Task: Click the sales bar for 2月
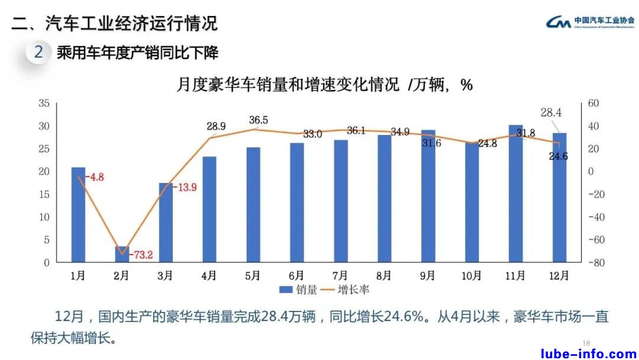(122, 255)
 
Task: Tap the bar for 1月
(78, 215)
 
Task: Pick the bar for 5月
(253, 205)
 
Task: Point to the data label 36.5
(258, 120)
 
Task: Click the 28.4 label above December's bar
(551, 112)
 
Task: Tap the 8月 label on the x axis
(384, 275)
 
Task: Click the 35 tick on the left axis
(43, 104)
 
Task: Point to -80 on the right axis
(593, 263)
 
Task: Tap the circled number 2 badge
(38, 52)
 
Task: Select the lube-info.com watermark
(589, 353)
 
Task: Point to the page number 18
(587, 343)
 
